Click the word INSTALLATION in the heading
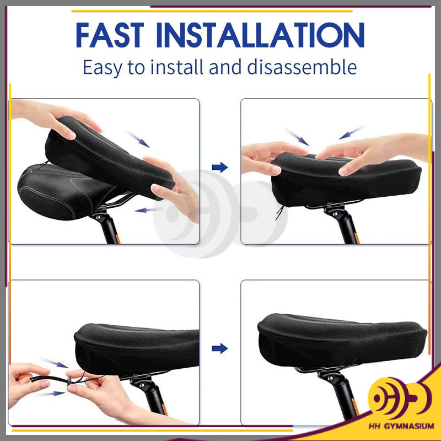point(260,35)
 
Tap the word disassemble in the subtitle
point(302,67)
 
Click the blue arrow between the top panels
point(219,168)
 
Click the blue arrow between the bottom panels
point(219,348)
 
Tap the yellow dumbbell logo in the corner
point(399,398)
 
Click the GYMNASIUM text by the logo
point(409,426)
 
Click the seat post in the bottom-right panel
point(340,396)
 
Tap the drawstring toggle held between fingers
point(68,381)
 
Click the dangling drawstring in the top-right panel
point(279,212)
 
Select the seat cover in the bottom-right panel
point(342,340)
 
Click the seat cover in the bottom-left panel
point(137,349)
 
